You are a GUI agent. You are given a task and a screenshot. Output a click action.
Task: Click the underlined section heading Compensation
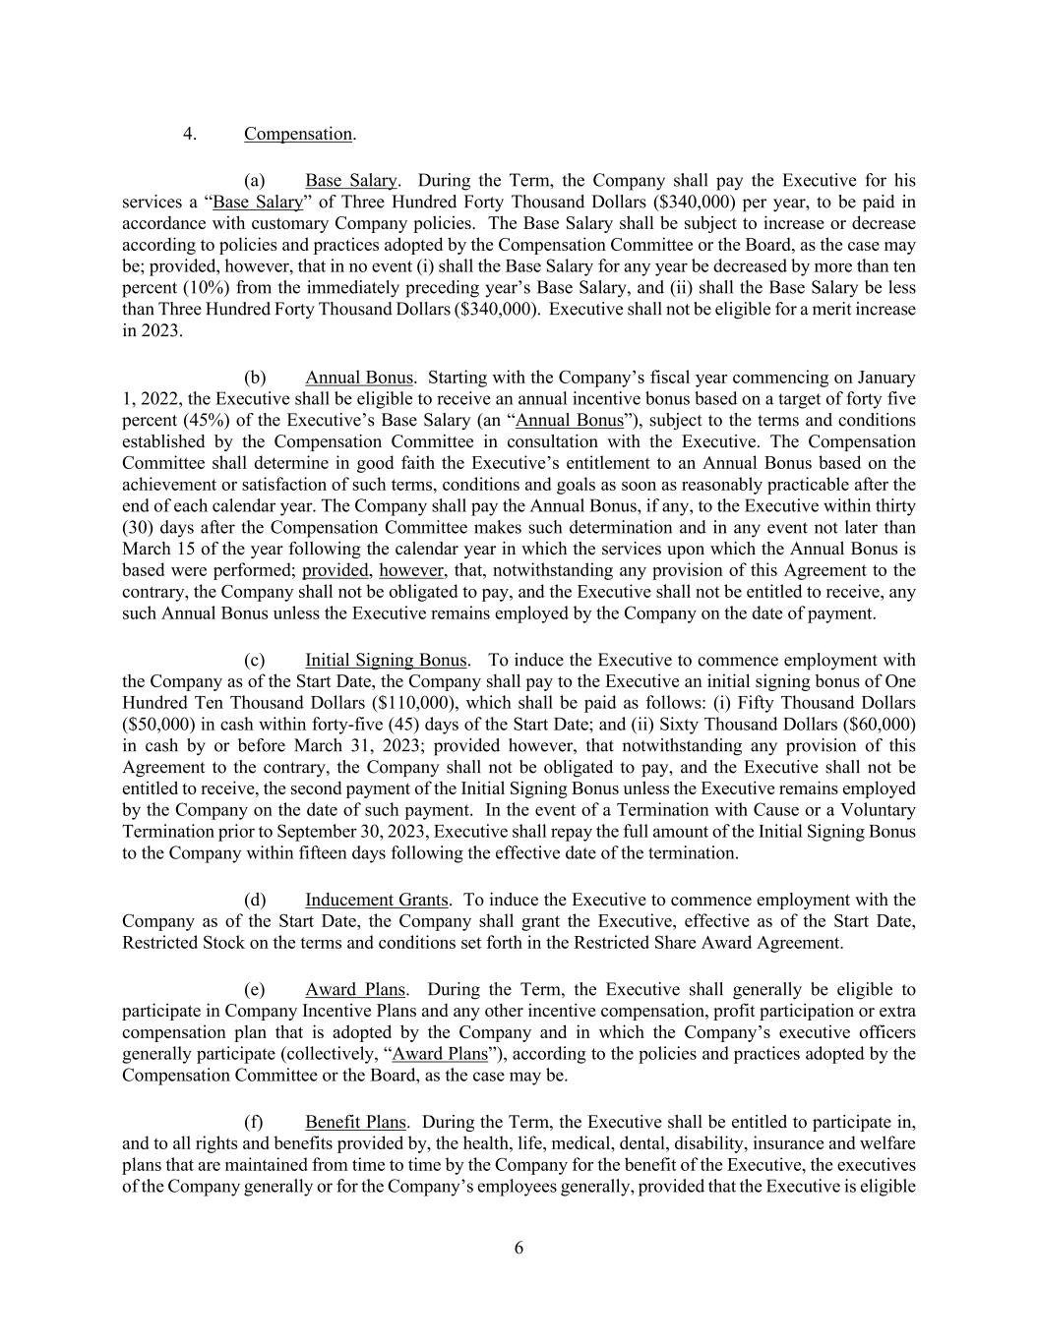pyautogui.click(x=298, y=134)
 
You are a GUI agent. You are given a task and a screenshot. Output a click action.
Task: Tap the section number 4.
pyautogui.click(x=189, y=134)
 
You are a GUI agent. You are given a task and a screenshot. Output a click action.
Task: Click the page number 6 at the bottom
pyautogui.click(x=519, y=1249)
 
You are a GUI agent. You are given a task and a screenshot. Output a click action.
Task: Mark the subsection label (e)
pyautogui.click(x=254, y=989)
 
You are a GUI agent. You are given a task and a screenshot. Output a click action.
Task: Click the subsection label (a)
pyautogui.click(x=254, y=181)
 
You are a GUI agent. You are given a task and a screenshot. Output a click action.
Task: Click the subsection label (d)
pyautogui.click(x=254, y=900)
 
